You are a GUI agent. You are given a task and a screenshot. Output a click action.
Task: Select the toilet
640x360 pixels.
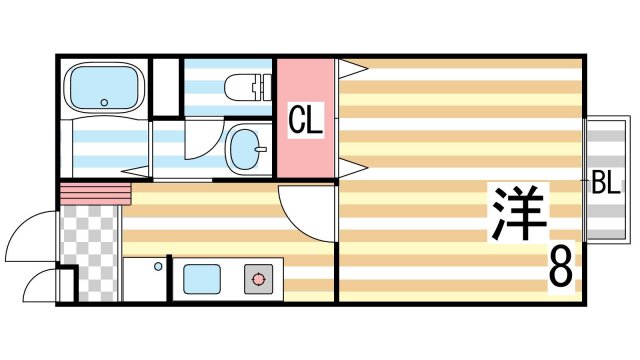click(247, 85)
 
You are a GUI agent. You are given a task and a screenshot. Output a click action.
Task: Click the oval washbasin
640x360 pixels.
click(245, 148)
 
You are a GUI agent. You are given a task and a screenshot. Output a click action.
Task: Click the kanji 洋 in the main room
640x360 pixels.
click(518, 213)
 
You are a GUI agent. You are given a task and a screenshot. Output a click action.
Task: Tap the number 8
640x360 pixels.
click(561, 267)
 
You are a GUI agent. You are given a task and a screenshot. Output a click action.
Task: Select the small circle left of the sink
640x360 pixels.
click(157, 267)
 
